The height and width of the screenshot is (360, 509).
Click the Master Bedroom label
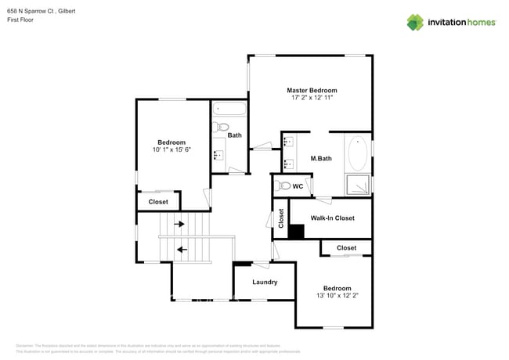(311, 91)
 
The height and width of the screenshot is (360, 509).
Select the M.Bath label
(321, 159)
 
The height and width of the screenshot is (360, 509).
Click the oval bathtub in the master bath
(357, 153)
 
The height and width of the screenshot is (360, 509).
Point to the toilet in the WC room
(283, 186)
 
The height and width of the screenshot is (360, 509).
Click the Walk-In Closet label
(332, 218)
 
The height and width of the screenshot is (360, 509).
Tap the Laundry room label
(265, 282)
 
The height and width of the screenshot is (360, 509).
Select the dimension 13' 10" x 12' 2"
(333, 296)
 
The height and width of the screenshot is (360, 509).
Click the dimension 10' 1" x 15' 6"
(171, 149)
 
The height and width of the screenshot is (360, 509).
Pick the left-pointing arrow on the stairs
(182, 250)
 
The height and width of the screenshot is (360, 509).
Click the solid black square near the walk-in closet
(296, 232)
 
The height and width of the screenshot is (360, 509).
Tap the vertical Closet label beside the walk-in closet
(281, 218)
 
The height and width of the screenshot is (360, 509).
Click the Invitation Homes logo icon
(415, 22)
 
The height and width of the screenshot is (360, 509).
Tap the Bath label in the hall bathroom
(234, 135)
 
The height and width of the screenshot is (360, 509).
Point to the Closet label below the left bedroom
(158, 202)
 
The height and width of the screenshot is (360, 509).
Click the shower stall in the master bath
(358, 185)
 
